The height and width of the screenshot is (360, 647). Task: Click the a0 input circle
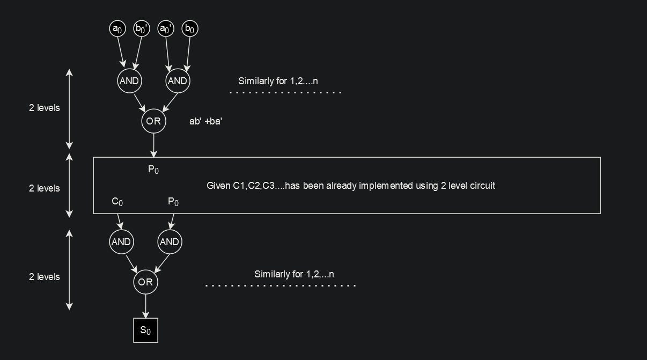117,28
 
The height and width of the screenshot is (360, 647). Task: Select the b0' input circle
141,28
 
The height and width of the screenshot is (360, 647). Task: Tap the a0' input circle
166,28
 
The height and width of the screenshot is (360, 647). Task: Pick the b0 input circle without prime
189,28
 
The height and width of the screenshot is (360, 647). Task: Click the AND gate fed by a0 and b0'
129,81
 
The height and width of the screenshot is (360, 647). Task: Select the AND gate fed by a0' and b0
177,81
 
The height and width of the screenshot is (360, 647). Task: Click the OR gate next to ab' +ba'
153,121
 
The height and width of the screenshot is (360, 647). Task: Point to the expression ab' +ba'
205,121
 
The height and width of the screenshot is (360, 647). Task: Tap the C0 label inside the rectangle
117,202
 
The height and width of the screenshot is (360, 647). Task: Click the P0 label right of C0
173,202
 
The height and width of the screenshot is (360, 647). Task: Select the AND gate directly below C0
121,242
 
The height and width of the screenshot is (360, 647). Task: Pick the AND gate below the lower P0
170,242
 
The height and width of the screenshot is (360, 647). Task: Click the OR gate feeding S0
145,282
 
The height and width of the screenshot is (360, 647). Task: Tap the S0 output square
145,330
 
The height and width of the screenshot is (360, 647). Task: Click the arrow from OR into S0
145,306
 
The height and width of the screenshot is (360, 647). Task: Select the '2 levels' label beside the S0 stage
44,277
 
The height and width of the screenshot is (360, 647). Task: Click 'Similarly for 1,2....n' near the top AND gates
278,81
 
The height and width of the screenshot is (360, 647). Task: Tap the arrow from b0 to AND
187,54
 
